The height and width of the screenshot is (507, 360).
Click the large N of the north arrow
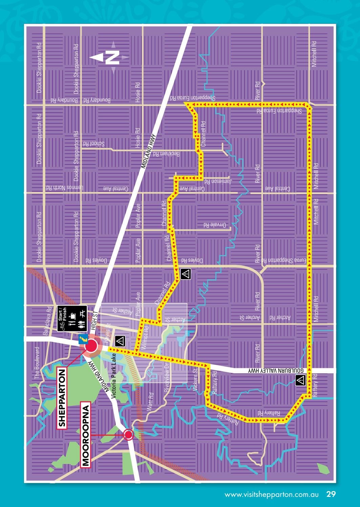(112, 57)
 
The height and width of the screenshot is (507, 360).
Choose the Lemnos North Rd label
(64, 188)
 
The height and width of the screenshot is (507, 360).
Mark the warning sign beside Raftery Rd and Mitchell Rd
(300, 380)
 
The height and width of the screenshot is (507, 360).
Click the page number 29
(331, 494)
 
